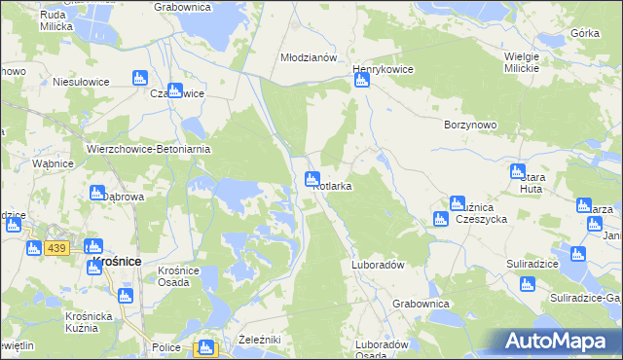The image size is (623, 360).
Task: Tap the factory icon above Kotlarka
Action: [x=312, y=178]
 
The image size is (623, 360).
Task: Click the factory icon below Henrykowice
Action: [x=361, y=81]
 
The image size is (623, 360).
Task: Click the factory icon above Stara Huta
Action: [x=518, y=171]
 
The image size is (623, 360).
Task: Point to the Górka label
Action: [x=585, y=32]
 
